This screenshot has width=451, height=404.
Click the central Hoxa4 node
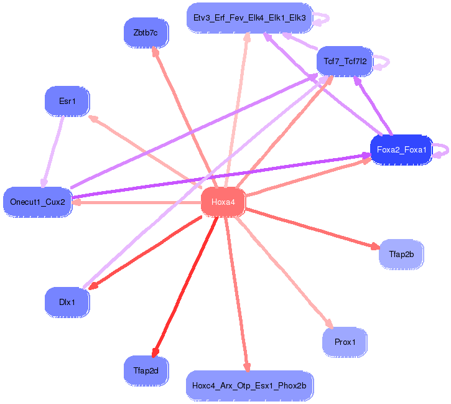coord(223,202)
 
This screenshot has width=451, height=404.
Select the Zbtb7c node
coord(146,32)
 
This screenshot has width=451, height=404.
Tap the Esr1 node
coord(67,101)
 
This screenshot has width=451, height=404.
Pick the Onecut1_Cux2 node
coord(37,202)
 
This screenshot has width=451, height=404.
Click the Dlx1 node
coord(67,302)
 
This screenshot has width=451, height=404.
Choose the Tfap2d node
coord(146,370)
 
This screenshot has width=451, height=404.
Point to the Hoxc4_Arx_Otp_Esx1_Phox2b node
coord(249,386)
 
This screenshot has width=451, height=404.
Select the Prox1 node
coord(345,342)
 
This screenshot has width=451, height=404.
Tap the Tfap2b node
coord(401,253)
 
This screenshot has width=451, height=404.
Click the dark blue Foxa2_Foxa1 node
coord(401,150)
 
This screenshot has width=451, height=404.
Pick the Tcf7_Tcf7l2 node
coord(345,61)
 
